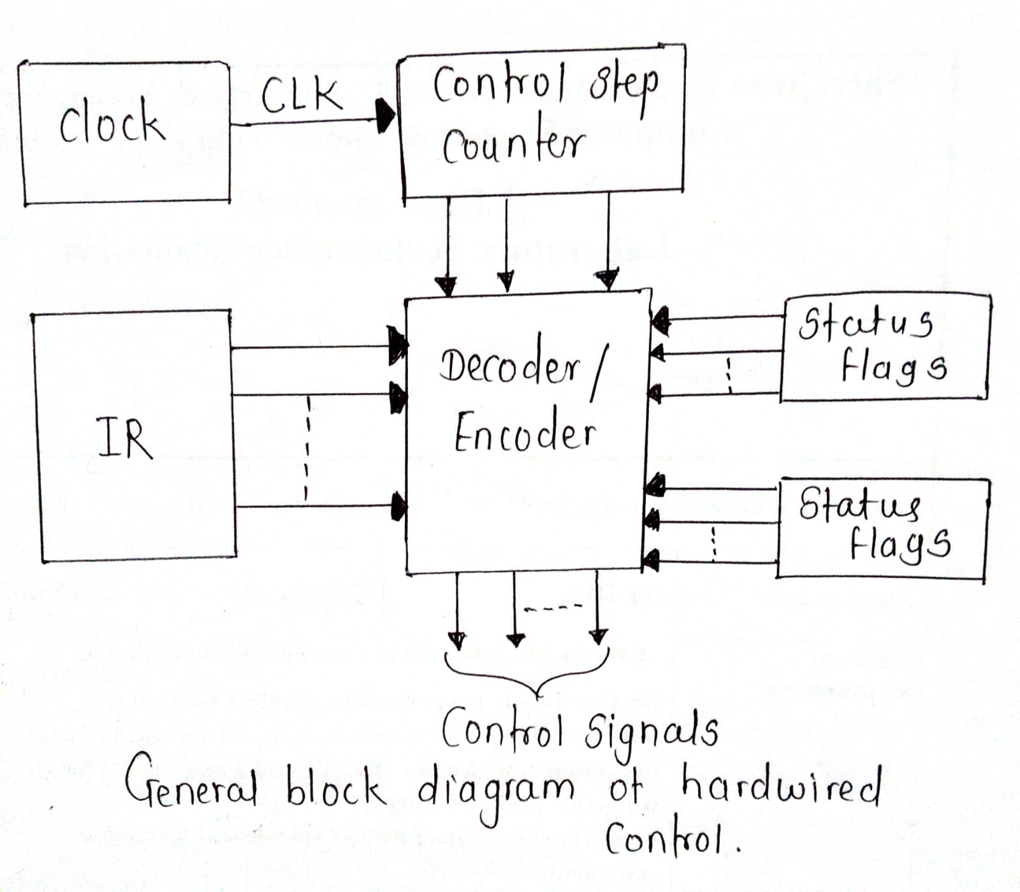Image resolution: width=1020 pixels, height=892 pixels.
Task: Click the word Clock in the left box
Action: click(x=112, y=122)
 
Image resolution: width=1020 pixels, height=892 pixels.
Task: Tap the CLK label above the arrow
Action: click(x=301, y=96)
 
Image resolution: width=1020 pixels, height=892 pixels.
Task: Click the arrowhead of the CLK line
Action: click(x=386, y=116)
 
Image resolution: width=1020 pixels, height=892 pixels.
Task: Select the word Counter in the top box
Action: click(x=513, y=145)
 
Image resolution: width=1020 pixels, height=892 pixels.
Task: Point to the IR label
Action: click(x=126, y=438)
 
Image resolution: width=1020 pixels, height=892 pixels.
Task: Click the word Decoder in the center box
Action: click(x=510, y=366)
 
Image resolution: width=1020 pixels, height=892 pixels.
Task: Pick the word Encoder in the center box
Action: click(x=525, y=431)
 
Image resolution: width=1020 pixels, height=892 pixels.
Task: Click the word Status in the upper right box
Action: click(x=865, y=323)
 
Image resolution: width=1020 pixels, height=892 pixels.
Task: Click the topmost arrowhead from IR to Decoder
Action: click(x=398, y=347)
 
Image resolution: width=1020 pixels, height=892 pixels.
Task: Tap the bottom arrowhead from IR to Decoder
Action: click(x=398, y=506)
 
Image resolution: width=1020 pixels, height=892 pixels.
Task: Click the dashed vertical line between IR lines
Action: click(x=307, y=449)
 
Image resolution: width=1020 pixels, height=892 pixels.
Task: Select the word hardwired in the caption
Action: click(x=781, y=786)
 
